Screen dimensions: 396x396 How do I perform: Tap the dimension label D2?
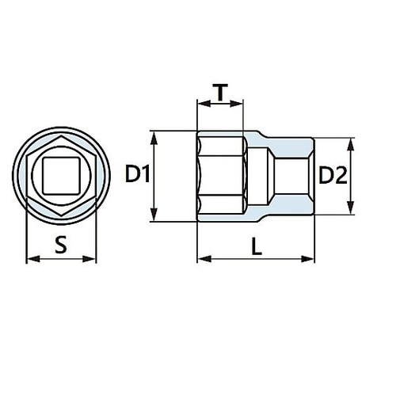click(333, 177)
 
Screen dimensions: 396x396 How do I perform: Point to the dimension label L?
click(255, 246)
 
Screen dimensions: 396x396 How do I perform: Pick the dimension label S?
click(61, 246)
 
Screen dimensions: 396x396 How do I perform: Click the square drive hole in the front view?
click(61, 175)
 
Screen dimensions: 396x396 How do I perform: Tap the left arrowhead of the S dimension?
click(30, 259)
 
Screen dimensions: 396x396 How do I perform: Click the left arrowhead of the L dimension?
click(200, 259)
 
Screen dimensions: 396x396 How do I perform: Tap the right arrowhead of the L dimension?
click(310, 259)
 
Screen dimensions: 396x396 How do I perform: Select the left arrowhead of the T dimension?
click(200, 104)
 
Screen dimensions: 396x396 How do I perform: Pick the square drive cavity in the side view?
click(291, 176)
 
